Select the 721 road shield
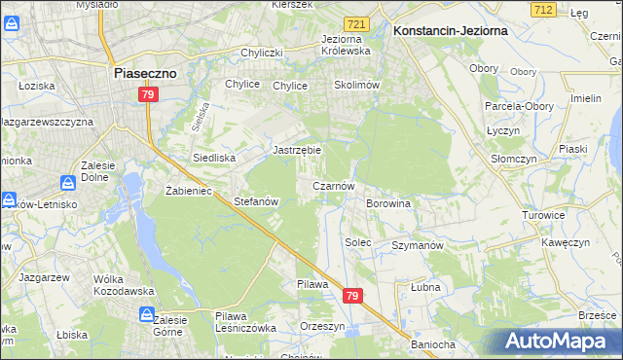[357, 22]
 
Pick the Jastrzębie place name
[296, 151]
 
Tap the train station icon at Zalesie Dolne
[69, 182]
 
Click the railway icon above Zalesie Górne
[146, 314]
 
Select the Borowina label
[387, 203]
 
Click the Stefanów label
[257, 202]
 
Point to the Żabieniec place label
[189, 191]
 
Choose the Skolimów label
[355, 85]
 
